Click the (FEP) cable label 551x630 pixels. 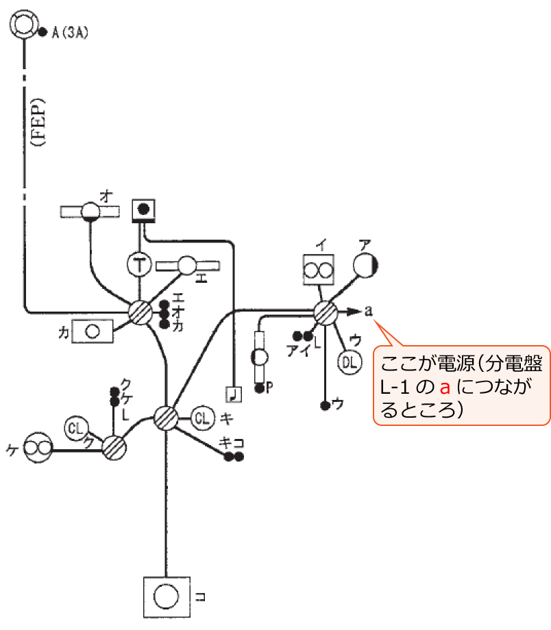tap(38, 123)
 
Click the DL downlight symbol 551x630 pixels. tap(349, 362)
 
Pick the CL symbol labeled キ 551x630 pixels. tap(202, 417)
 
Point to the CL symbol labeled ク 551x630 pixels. tap(77, 429)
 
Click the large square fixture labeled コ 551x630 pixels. tap(165, 597)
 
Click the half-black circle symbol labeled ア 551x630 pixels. tap(366, 265)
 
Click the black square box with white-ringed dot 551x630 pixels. tap(143, 210)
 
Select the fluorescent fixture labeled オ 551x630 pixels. tap(90, 211)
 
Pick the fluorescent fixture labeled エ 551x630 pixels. tap(187, 264)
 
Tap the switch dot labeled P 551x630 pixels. tap(259, 388)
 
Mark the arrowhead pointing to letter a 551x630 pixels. tap(354, 312)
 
